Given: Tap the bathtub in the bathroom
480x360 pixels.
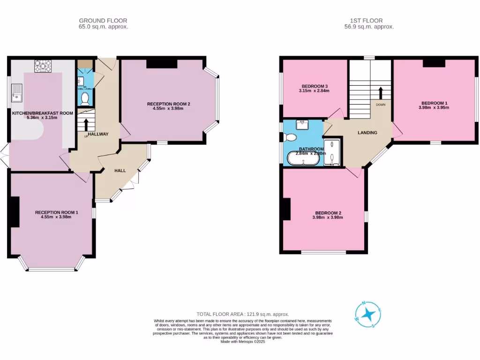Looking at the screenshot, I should coord(303,158).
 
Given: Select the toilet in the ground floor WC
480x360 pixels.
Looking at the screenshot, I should coord(85,98).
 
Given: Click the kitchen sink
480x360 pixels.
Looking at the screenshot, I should coord(16,93).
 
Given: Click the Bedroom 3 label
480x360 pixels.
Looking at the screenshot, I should coord(315,86).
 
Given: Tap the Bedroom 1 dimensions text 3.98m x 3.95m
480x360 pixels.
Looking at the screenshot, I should coord(435,107).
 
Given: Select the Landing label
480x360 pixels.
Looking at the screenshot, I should coord(367,133).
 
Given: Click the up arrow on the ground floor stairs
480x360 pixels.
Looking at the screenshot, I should coord(86,125).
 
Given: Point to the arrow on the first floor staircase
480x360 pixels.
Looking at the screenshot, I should coord(380,92).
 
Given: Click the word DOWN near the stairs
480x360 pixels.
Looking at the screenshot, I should coord(380,105).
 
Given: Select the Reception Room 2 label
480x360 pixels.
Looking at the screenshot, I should coord(168,104).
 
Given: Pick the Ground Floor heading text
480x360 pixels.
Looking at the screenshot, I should coord(103,21).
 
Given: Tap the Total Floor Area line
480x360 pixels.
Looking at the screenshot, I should coord(242,314).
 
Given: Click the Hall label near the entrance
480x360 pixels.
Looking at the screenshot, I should coord(120,171).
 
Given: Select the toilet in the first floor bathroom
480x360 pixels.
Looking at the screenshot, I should coord(290,137).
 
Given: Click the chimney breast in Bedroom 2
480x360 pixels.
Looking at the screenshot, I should coord(286,209).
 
